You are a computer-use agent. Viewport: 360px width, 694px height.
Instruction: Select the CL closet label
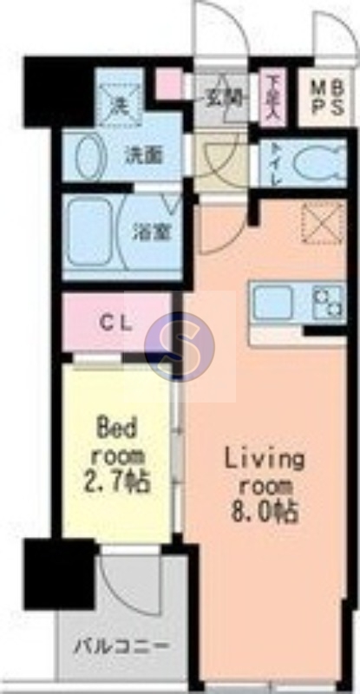tap(115, 324)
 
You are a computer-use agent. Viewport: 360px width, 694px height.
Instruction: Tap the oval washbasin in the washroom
tap(88, 159)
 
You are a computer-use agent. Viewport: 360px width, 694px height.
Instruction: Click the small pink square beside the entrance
tap(167, 84)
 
